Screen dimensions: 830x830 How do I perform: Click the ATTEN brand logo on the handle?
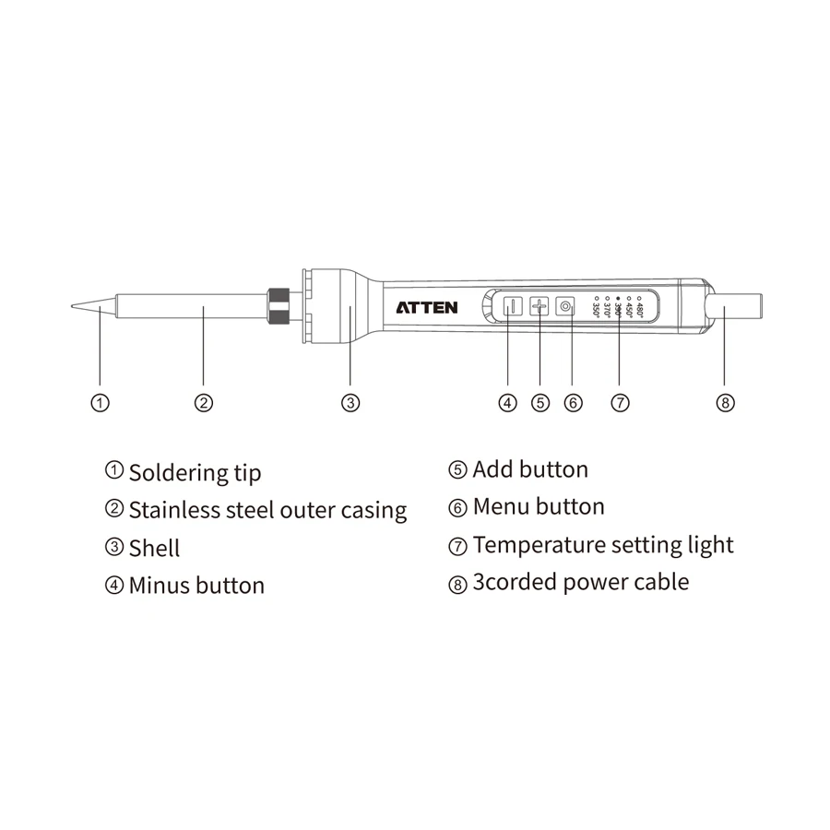click(x=426, y=307)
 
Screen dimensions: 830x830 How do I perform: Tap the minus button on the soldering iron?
click(x=509, y=307)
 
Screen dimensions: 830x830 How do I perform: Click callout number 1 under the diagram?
click(x=101, y=402)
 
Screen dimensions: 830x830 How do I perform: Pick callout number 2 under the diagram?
click(x=204, y=402)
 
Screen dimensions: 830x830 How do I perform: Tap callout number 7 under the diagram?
click(x=620, y=402)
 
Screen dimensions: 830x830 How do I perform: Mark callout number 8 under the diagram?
click(x=726, y=402)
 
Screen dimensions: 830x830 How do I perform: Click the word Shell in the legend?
click(x=154, y=548)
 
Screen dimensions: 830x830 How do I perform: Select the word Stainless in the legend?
click(x=175, y=509)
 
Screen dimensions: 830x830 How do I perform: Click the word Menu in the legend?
click(x=501, y=506)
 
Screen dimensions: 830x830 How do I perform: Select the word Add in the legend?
click(x=492, y=469)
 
